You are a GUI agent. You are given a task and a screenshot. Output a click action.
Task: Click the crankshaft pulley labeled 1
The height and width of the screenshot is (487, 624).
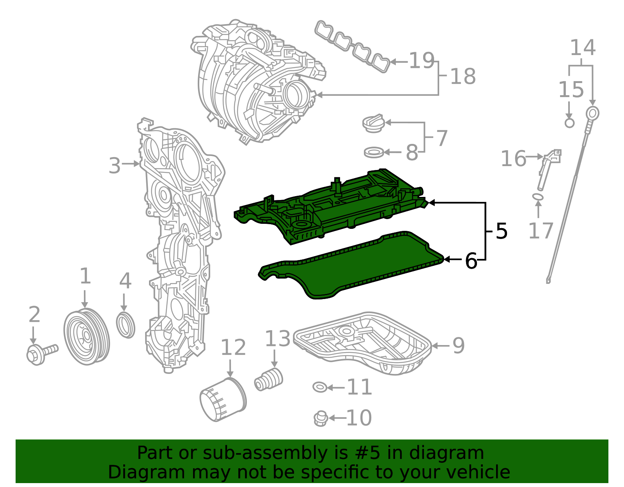(86, 336)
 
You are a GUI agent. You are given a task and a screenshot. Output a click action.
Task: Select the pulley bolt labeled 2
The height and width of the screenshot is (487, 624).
(41, 353)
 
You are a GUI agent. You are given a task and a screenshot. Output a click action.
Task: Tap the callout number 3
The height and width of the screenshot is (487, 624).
(115, 166)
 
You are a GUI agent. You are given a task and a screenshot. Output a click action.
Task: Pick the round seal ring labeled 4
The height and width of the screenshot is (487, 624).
(126, 325)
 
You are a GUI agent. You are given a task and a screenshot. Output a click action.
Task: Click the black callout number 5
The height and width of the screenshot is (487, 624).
(502, 231)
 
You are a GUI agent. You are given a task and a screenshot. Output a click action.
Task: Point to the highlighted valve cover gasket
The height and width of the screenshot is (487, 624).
(351, 265)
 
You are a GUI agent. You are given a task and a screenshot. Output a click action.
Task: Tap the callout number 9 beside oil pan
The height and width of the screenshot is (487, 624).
(458, 346)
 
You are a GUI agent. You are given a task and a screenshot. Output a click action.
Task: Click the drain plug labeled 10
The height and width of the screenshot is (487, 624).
(320, 418)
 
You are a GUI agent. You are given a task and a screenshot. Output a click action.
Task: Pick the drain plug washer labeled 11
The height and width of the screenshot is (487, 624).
(320, 387)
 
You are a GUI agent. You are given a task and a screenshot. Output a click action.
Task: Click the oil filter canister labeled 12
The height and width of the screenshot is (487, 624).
(223, 399)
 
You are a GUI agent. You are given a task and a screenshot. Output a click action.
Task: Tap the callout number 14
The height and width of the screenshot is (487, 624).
(583, 48)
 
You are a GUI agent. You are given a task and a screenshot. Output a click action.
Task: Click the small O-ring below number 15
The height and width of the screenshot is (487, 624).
(569, 123)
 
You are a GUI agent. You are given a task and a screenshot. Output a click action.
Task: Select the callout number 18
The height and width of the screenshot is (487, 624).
(463, 76)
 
